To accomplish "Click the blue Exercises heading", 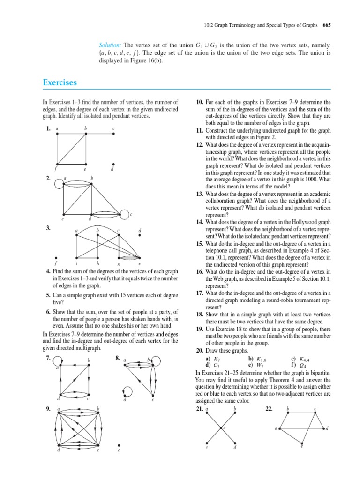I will (60, 82).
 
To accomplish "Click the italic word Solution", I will (109, 45).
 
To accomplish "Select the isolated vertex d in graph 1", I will (113, 164).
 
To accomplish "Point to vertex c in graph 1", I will (113, 134).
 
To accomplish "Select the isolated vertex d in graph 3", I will (140, 236).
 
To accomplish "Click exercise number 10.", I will (199, 102).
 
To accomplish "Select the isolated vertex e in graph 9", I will (119, 444).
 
